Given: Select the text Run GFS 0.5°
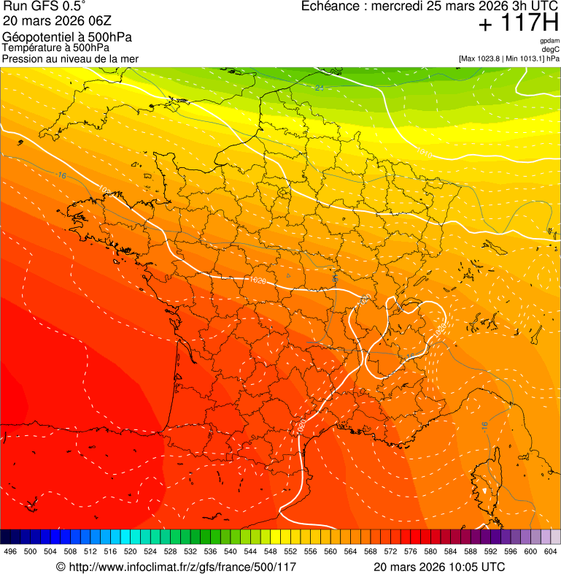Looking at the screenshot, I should click(x=44, y=7).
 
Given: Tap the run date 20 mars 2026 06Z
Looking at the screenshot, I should click(x=55, y=21).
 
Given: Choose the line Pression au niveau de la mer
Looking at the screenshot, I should click(x=70, y=58).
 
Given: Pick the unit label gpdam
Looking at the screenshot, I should click(x=549, y=41).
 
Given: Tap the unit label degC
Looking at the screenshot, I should click(x=551, y=49).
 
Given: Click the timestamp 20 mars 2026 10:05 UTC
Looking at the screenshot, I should click(x=438, y=567).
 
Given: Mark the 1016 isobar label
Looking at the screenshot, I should click(x=423, y=154).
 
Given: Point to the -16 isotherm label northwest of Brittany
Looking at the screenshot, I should click(x=61, y=175).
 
